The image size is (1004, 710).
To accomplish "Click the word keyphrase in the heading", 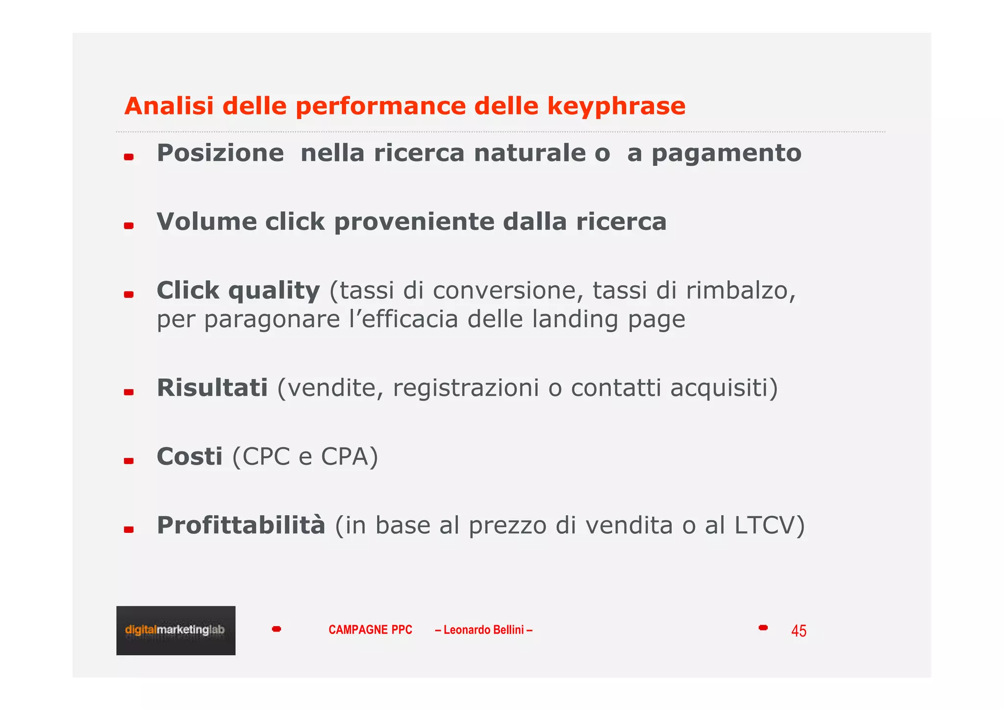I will click(x=616, y=107).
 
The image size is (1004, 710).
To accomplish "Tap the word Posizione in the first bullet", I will click(x=220, y=153).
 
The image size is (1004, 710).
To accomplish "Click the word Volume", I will click(x=206, y=221).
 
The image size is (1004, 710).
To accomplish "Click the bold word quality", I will click(x=274, y=291).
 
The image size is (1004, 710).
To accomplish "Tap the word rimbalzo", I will click(x=740, y=290).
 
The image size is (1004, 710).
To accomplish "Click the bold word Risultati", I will click(x=212, y=388).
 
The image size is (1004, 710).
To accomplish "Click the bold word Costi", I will click(x=190, y=457).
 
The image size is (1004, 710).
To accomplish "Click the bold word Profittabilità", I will click(x=241, y=526).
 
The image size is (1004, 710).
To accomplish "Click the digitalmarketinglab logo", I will click(x=176, y=631).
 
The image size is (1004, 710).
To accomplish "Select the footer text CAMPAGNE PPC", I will click(x=370, y=630).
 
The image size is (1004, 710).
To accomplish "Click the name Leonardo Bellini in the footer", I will click(x=483, y=630).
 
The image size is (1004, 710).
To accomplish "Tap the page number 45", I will click(x=799, y=631).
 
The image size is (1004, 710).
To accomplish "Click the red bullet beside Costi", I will click(x=128, y=461).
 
